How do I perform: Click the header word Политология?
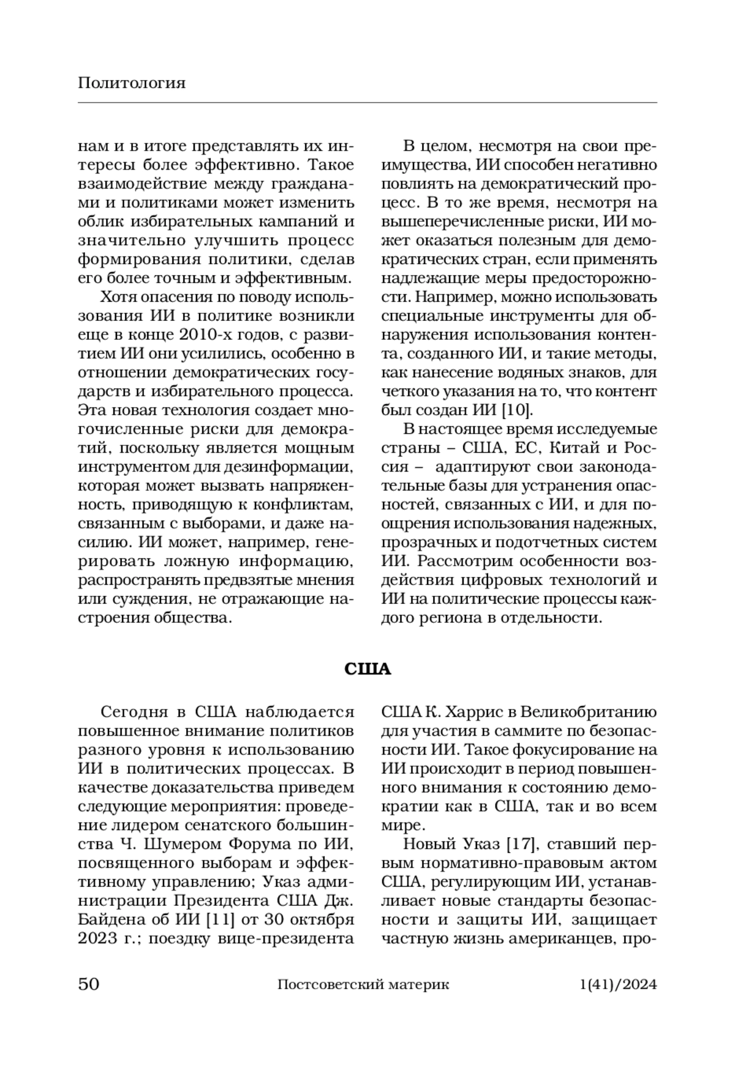coord(131,83)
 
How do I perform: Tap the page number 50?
coord(89,984)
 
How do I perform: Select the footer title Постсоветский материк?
coord(363,985)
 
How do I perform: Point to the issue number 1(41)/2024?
coord(617,985)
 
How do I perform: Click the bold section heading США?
coord(367,668)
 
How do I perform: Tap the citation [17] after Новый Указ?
coord(520,845)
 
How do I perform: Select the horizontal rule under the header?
coord(367,102)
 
